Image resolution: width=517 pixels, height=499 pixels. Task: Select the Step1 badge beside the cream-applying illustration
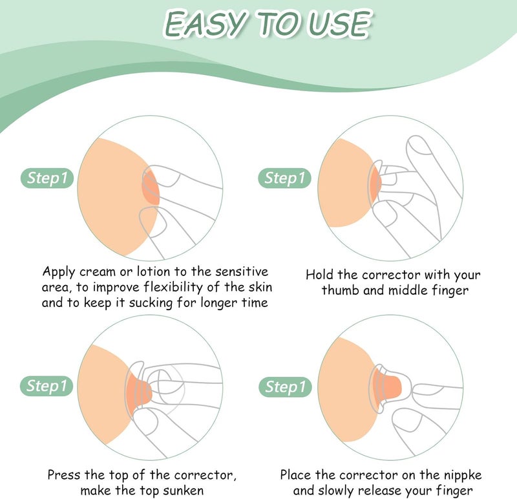pos(47,178)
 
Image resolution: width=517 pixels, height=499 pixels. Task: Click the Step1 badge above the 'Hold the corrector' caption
pos(284,178)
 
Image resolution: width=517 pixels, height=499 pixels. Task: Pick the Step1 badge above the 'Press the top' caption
pos(47,386)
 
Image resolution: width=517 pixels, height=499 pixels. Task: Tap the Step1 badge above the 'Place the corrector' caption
pos(285,387)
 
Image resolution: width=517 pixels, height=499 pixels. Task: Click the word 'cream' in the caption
pos(98,271)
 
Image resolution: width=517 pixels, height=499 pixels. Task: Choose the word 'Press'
pos(64,475)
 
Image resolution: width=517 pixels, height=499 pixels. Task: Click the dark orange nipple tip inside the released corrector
pos(392,387)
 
